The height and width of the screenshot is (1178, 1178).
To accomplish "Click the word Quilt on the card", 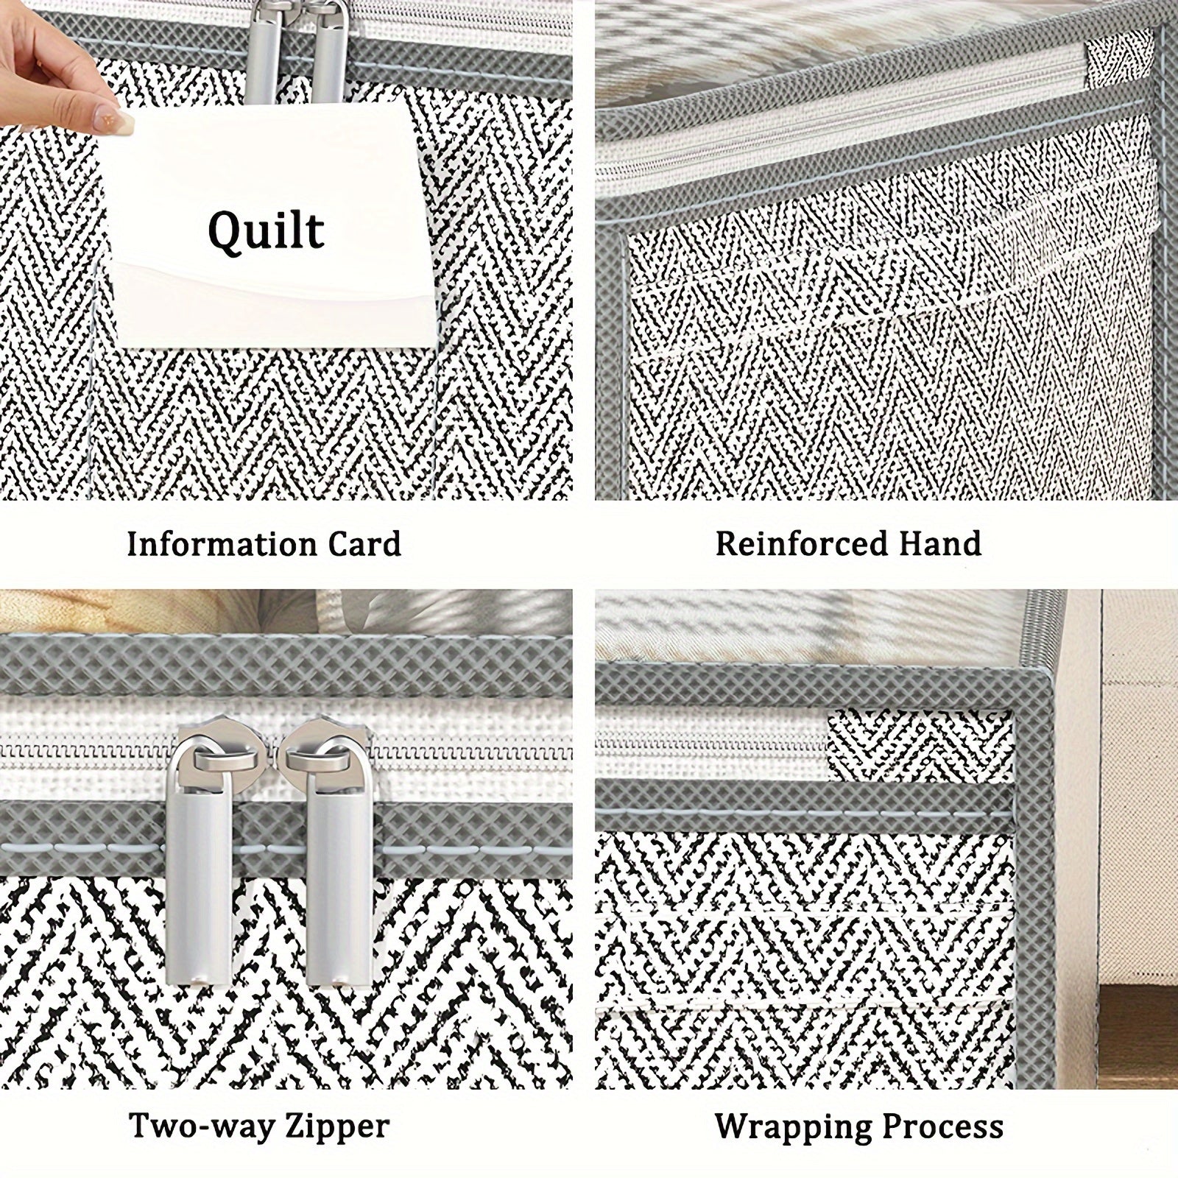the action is pos(266,230).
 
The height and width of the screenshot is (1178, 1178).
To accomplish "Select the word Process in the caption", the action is pos(940,1127).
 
